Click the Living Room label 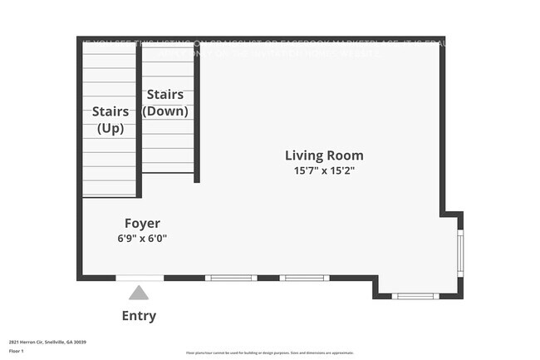point(324,155)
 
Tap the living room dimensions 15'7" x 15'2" point(324,170)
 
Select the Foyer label point(142,223)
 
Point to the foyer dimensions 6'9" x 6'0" point(142,238)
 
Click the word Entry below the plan point(139,316)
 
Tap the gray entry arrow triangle point(139,292)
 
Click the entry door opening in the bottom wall point(140,278)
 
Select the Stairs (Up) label point(110,119)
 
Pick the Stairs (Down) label point(165,102)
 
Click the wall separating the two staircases point(139,116)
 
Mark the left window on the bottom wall point(231,278)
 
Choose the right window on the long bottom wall point(304,278)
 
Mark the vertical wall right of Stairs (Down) point(197,112)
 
